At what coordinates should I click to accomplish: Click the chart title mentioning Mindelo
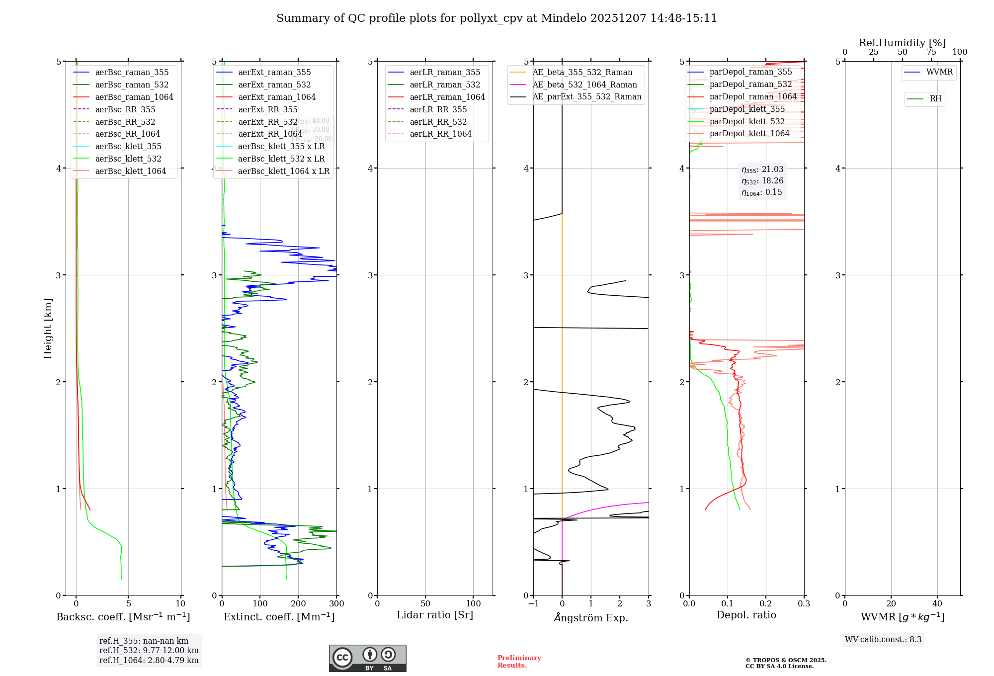pos(497,18)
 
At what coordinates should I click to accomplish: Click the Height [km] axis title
pos(48,329)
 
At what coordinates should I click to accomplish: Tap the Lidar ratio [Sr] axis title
pos(435,615)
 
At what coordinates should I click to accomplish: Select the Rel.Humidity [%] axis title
pos(902,43)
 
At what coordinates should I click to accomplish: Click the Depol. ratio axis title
pos(746,615)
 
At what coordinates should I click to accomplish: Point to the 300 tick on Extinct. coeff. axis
pos(336,603)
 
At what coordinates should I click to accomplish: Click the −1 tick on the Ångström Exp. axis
pos(533,603)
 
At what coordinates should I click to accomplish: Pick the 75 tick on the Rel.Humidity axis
pos(931,52)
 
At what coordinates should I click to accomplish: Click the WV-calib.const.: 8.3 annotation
pos(883,639)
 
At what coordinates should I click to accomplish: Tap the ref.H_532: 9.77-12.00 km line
pos(149,650)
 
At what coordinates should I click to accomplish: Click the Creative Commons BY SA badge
pos(367,658)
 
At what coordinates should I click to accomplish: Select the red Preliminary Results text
pos(519,661)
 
